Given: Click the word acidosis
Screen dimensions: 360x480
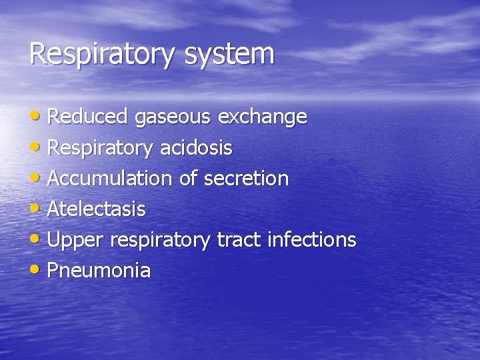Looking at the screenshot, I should tap(196, 148).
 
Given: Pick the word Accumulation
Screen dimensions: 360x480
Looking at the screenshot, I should tap(109, 179).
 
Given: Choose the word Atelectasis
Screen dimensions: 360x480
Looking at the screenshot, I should tap(96, 209).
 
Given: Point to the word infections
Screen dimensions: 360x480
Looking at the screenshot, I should tap(311, 239).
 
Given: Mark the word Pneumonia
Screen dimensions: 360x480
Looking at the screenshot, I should tap(99, 271).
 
